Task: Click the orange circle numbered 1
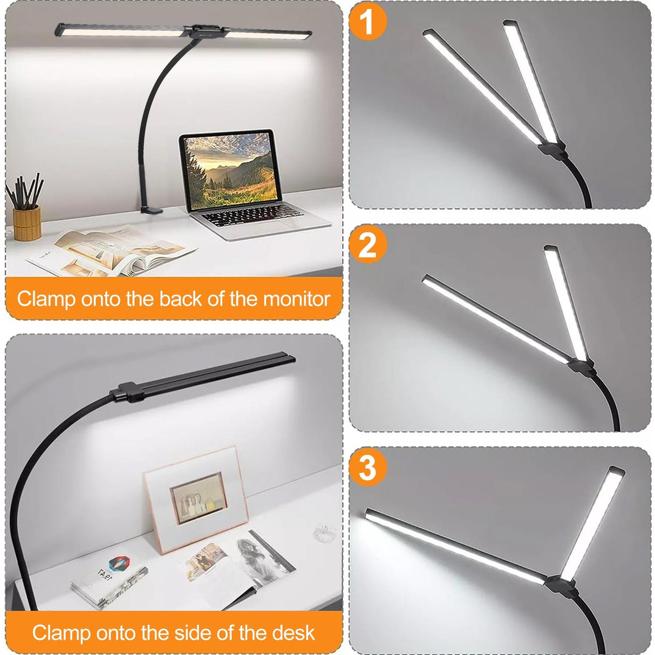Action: click(x=367, y=22)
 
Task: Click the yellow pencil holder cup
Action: click(x=27, y=222)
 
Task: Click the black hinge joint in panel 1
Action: click(x=551, y=147)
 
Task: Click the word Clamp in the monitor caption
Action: click(x=46, y=298)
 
